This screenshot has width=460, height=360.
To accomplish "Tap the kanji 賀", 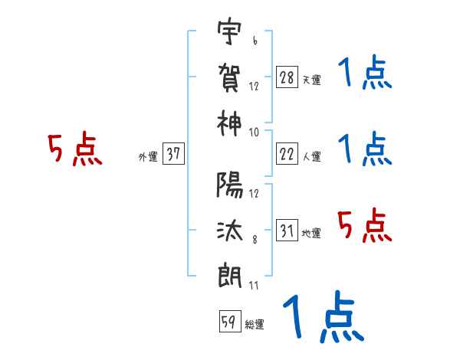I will (x=230, y=76).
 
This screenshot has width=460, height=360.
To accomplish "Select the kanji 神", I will (x=230, y=120).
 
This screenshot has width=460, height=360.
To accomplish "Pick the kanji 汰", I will (x=230, y=229).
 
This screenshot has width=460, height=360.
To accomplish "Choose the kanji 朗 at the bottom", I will (x=230, y=274).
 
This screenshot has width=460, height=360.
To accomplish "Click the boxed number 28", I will (x=287, y=77).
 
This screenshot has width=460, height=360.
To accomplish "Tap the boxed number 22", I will (x=287, y=154).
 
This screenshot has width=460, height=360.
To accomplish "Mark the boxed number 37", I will (x=174, y=154).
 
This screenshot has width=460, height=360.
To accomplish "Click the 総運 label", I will (x=255, y=325).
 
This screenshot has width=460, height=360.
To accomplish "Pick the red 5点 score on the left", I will (x=75, y=150).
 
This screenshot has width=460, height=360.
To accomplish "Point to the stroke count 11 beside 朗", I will (x=253, y=286).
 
